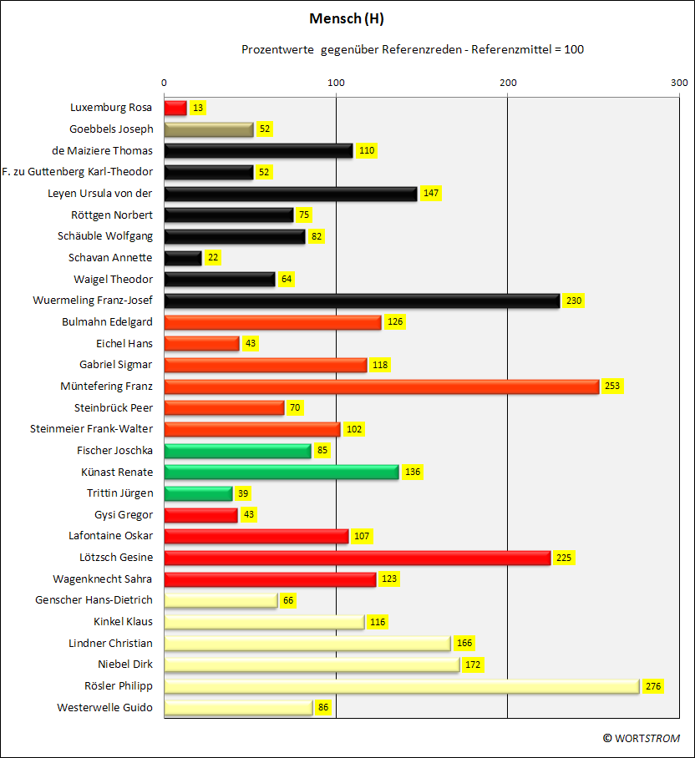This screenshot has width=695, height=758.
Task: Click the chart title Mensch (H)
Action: [x=347, y=19]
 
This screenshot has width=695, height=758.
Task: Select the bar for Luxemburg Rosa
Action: [x=175, y=108]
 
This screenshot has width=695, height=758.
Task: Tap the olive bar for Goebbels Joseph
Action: [x=209, y=129]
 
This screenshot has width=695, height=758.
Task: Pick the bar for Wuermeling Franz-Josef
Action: [x=363, y=301]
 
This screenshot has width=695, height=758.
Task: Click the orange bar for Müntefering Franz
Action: [x=382, y=387]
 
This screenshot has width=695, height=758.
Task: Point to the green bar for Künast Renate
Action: [x=282, y=472]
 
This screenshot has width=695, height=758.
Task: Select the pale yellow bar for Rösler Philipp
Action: [x=402, y=686]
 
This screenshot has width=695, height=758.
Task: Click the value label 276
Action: [x=653, y=686]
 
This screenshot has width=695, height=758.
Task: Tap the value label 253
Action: [x=612, y=386]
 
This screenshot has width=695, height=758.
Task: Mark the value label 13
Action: [x=198, y=108]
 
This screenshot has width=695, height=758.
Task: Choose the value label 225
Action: [x=564, y=558]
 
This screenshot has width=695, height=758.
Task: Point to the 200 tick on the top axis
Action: [x=508, y=83]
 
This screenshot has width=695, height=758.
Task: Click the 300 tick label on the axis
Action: [x=679, y=83]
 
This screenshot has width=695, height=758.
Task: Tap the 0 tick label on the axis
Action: [x=164, y=83]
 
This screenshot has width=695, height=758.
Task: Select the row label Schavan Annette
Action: [x=110, y=258]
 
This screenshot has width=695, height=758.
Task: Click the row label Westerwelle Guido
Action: [x=105, y=707]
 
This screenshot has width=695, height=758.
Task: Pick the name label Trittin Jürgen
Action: [x=120, y=493]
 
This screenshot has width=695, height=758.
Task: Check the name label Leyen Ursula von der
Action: [x=100, y=194]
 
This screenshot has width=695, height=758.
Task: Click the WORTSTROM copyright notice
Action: [x=642, y=738]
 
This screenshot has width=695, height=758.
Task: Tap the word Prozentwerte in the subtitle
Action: [x=277, y=49]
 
